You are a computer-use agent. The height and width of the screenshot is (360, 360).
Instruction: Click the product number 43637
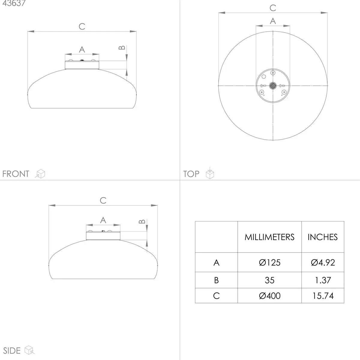point(14,3)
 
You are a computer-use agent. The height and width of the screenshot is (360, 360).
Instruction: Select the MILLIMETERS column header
point(269,237)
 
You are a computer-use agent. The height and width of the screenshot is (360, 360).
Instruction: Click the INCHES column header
point(322,237)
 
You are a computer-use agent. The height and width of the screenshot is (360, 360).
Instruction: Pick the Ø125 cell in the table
point(270,262)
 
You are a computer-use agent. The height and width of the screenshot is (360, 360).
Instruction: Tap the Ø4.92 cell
point(323,262)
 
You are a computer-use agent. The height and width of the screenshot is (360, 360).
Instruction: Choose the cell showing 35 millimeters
point(270,280)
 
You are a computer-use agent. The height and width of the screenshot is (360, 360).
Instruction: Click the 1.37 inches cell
point(323,280)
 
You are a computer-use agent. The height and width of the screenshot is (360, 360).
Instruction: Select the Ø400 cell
point(270,296)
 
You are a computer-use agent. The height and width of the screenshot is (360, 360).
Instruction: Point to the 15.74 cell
point(323,296)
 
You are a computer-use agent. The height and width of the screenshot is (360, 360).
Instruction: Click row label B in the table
point(216,280)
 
